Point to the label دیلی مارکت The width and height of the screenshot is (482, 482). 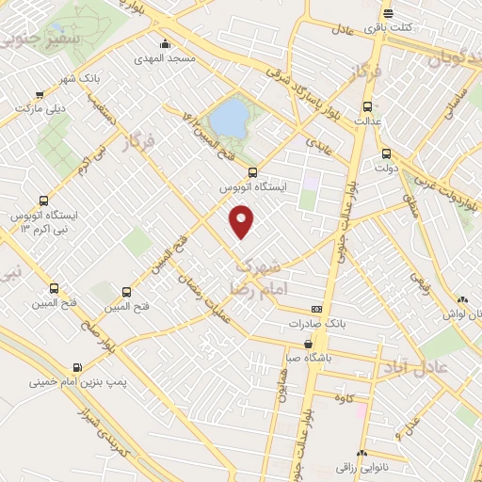pos(40,108)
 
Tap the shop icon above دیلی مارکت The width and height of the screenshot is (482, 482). pos(40,94)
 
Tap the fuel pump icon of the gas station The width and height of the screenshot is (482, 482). pos(76,367)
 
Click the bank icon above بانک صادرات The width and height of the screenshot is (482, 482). pos(317,309)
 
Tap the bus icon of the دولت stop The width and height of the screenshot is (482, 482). pos(386,153)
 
